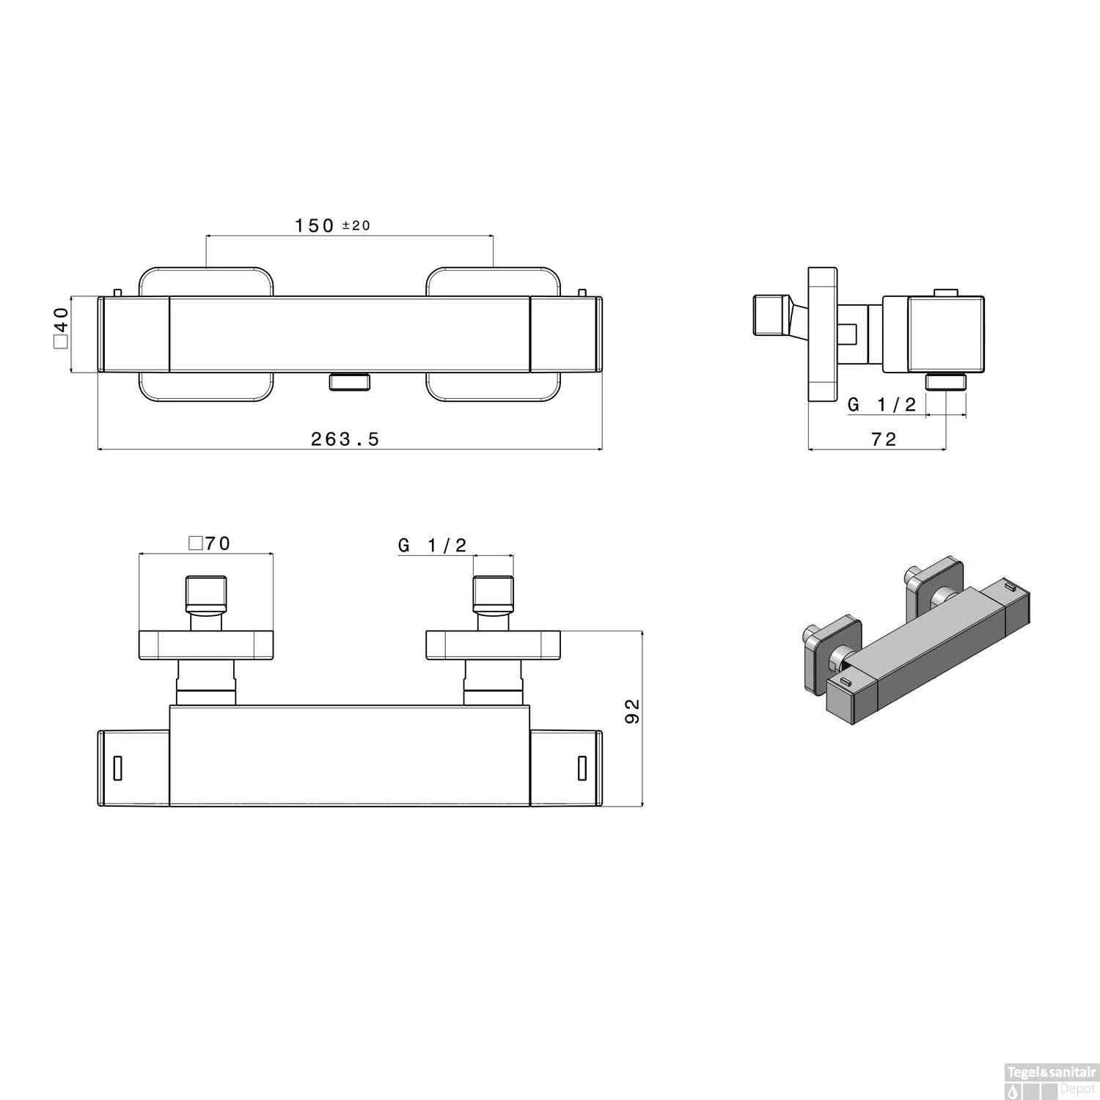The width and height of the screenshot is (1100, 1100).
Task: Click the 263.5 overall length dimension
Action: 345,439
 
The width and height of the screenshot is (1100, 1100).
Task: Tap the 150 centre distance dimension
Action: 315,225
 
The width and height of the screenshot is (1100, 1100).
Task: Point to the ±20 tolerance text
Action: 356,226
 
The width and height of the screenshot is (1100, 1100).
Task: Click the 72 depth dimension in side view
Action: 884,439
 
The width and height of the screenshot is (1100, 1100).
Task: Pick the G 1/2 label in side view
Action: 881,404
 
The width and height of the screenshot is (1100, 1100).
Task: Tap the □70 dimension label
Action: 210,543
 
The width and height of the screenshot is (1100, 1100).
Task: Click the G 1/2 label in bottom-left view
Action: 432,545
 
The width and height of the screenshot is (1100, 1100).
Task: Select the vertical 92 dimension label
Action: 632,711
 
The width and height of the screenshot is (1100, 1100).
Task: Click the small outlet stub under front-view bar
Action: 350,381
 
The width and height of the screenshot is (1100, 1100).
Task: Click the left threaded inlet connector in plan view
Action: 205,593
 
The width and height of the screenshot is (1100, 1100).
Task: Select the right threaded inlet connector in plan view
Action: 492,593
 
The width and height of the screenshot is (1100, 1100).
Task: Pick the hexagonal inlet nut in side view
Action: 771,315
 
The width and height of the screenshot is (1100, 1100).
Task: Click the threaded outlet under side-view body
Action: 946,382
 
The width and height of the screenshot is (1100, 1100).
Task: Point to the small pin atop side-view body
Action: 946,293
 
